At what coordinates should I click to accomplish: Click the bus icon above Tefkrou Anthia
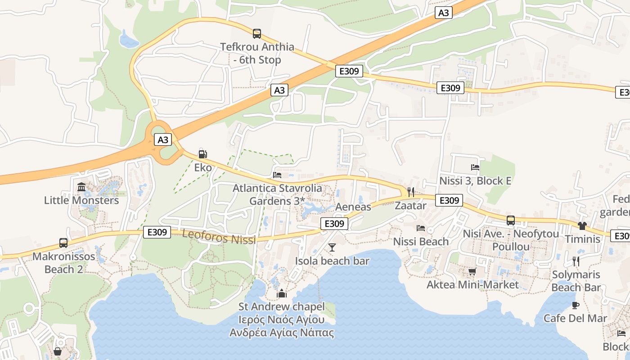(x=256, y=33)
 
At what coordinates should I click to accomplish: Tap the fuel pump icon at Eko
(x=203, y=154)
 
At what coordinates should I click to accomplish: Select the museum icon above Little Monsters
(x=81, y=186)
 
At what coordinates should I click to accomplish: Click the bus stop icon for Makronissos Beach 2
(x=63, y=243)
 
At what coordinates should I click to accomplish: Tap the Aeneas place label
(x=353, y=207)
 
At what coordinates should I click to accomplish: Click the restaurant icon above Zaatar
(x=410, y=192)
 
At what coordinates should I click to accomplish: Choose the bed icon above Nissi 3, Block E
(x=475, y=167)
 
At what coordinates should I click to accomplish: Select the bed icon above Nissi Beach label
(x=421, y=228)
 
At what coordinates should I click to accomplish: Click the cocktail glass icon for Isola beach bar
(x=332, y=247)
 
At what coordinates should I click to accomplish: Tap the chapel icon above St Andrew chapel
(x=282, y=293)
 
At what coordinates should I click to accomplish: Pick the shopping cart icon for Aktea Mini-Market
(x=472, y=271)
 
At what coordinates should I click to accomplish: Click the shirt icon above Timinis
(x=582, y=225)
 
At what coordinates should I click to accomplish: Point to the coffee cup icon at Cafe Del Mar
(x=575, y=305)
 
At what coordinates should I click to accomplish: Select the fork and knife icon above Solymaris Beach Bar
(x=576, y=261)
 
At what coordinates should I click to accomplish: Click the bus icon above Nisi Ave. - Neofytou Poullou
(x=511, y=220)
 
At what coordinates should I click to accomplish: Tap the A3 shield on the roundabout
(x=163, y=140)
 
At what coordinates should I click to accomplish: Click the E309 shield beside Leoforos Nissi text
(x=157, y=232)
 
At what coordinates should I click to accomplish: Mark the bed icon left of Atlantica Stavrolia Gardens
(x=277, y=175)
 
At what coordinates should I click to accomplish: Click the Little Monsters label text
(x=81, y=200)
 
